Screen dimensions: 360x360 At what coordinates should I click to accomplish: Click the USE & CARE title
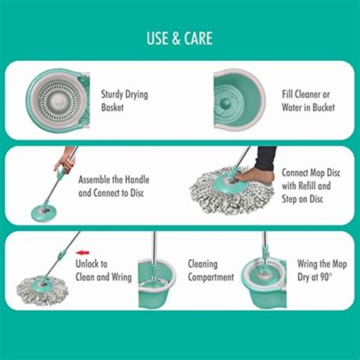click(179, 38)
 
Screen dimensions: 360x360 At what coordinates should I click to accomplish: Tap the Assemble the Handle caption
click(114, 186)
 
